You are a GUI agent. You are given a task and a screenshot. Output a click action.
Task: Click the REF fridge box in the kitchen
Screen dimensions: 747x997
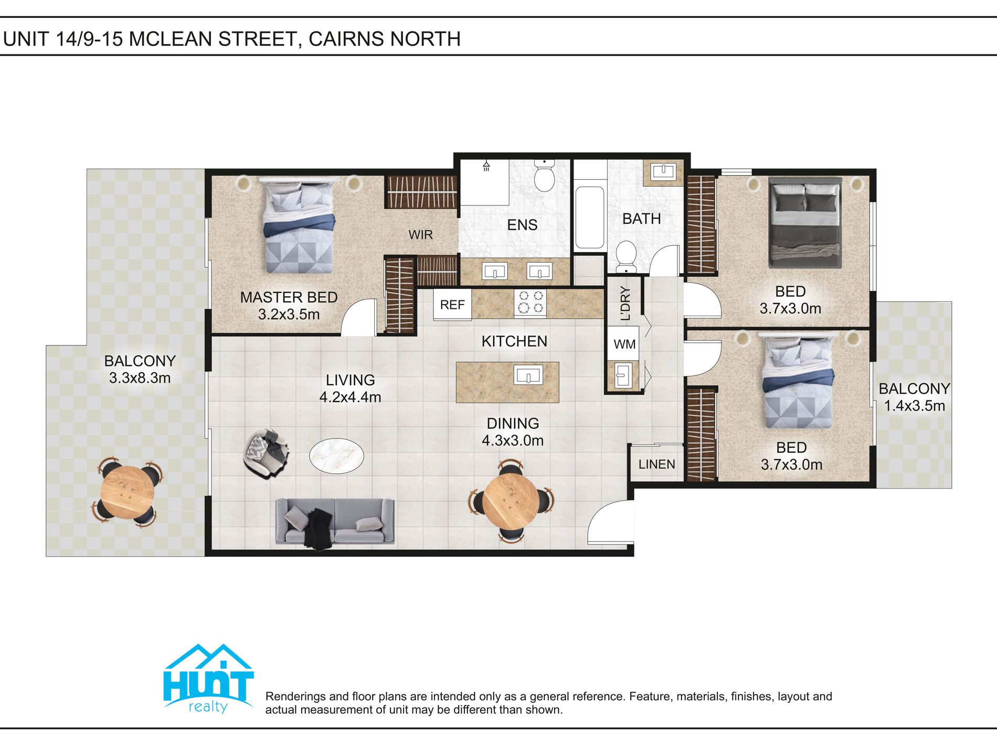tap(452, 305)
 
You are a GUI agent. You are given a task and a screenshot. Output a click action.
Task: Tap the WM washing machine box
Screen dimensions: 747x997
tap(624, 344)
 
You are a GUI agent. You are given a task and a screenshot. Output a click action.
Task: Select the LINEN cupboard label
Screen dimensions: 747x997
tap(656, 464)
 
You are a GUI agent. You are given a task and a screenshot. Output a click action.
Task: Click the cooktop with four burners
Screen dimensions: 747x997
tap(530, 302)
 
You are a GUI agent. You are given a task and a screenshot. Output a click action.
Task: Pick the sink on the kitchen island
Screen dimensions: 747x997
tap(528, 375)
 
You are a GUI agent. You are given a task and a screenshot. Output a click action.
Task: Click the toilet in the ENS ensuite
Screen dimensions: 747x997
tap(545, 177)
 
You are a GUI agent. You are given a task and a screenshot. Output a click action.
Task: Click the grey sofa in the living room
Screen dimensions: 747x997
tap(335, 521)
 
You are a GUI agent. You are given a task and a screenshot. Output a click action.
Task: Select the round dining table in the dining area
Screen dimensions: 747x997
tap(511, 500)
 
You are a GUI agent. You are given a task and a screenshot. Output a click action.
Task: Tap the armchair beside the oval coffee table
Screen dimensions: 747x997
tap(266, 452)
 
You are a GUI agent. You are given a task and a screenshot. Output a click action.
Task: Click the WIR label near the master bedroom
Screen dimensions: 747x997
tap(420, 234)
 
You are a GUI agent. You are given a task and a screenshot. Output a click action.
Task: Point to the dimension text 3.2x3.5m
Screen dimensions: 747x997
tap(289, 315)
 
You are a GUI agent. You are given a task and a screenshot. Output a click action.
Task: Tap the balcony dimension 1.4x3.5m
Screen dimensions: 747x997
tap(914, 406)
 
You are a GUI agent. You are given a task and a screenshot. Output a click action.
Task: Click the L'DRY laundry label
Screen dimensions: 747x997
tap(624, 303)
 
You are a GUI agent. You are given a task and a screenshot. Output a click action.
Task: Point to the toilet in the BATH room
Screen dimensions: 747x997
tap(625, 256)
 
